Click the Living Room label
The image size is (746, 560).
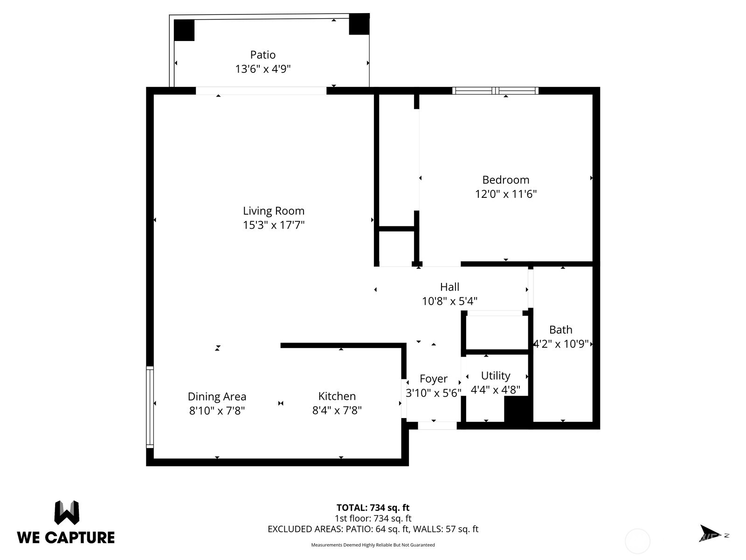pos(274,211)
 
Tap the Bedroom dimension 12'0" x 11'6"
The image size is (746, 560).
pos(506,194)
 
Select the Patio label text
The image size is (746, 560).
pos(263,55)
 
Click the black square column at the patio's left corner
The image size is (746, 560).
pos(184,30)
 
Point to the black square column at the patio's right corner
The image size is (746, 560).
pos(359,24)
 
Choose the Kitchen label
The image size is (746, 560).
pos(337,396)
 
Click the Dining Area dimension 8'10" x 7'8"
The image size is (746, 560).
pos(217,411)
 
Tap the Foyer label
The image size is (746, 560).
pos(433,378)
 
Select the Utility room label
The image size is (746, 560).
pos(496,376)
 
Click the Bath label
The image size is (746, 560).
pos(560,329)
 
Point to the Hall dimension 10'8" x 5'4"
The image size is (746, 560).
pos(449,301)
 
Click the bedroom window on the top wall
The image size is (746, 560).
pos(495,91)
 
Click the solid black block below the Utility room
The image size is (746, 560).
pos(518,411)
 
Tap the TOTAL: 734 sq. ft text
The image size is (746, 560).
pos(373,508)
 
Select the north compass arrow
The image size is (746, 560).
pos(710,533)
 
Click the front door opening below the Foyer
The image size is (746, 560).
pos(437,426)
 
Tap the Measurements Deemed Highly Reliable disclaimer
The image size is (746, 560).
pos(373,545)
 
